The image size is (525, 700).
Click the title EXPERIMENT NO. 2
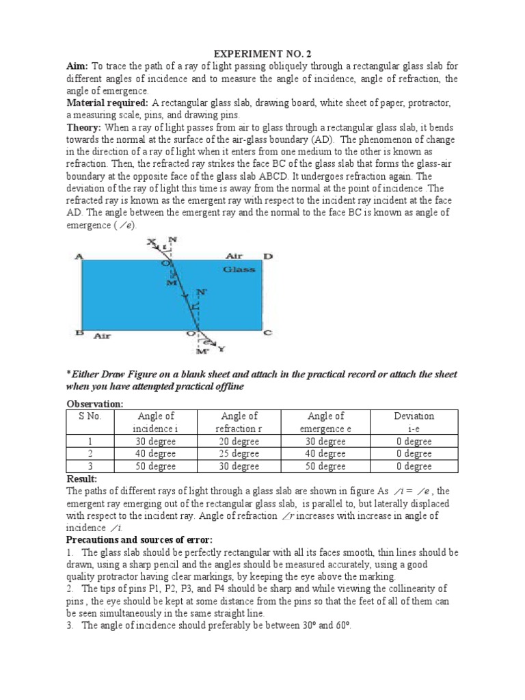262,54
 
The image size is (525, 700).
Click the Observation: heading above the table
94,404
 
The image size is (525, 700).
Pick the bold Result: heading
81,479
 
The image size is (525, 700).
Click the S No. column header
90,416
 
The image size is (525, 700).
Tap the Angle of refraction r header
239,422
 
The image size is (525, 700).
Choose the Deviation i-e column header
414,422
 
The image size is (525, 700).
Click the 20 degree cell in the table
239,442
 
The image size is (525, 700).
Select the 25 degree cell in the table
239,454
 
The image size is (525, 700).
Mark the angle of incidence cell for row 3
157,466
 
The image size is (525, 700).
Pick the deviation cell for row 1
414,442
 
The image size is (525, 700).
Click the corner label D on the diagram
269,256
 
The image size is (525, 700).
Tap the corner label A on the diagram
79,256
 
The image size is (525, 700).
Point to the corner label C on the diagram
268,333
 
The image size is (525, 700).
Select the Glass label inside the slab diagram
239,269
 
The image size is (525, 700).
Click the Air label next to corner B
102,336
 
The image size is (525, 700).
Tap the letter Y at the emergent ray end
220,349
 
